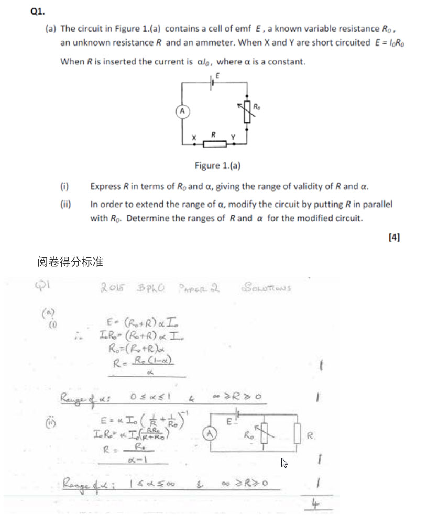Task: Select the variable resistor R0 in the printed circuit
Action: click(x=247, y=112)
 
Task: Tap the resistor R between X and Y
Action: click(x=214, y=143)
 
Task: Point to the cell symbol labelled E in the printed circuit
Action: click(x=212, y=83)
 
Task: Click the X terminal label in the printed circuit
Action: click(x=194, y=138)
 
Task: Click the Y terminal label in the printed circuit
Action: click(x=234, y=137)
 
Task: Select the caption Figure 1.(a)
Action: click(x=217, y=166)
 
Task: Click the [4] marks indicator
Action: click(x=394, y=237)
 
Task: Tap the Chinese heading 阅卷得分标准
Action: click(x=70, y=262)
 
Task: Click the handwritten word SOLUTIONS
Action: click(x=267, y=287)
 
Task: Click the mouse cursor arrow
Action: click(x=284, y=463)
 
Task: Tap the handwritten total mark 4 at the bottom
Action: click(x=314, y=504)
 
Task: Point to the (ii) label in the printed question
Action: click(x=65, y=205)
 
